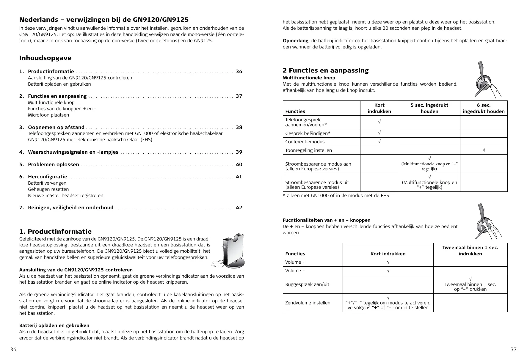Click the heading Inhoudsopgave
pos(45,58)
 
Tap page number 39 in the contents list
pos(239,152)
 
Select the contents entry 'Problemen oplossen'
pos(54,165)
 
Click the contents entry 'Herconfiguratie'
pos(48,177)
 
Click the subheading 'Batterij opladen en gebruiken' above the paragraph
pos(54,326)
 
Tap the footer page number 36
pos(13,350)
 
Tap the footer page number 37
pos(514,350)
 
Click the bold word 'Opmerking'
pos(295,41)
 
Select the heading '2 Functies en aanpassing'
pos(325,70)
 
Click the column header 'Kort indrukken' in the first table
pos(379,108)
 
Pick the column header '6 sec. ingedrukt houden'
pos(484,108)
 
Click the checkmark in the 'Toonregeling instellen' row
pos(484,150)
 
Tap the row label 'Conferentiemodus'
pos(305,142)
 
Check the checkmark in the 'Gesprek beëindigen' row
pos(379,133)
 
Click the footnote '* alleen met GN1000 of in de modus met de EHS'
pos(336,196)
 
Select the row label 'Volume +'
pos(295,262)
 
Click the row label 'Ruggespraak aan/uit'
pos(307,284)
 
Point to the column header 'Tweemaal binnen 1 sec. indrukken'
pos(470,251)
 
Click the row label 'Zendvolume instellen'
pos(308,303)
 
